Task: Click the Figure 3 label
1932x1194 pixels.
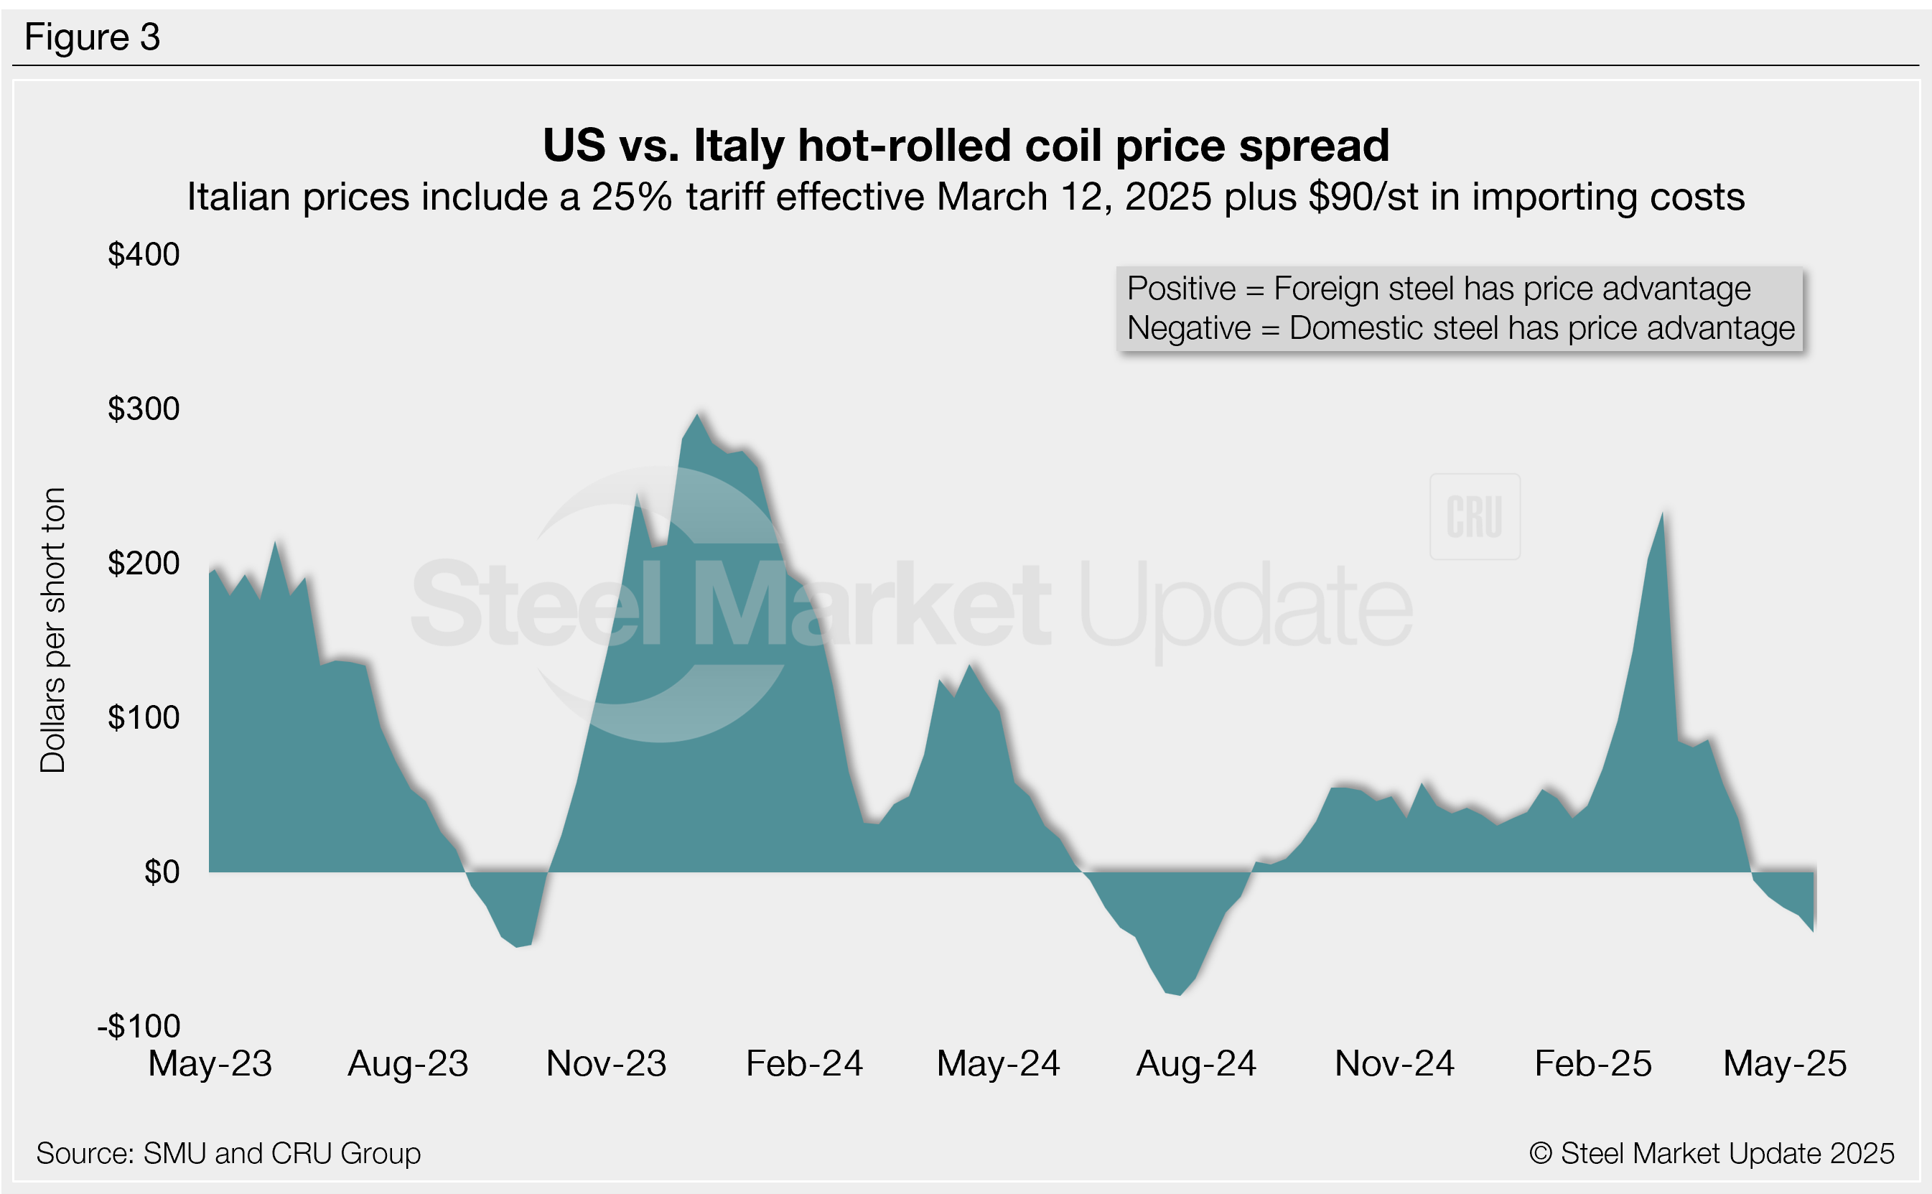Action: tap(93, 37)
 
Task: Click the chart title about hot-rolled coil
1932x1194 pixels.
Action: tap(965, 145)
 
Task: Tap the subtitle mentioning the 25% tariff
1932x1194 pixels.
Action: tap(965, 197)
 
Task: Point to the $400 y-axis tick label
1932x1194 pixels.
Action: tap(144, 254)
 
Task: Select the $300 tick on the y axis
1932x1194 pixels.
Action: tap(144, 409)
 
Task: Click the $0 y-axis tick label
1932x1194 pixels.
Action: tap(162, 872)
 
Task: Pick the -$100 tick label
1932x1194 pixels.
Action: tap(139, 1026)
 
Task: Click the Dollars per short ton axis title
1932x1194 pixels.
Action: tap(53, 630)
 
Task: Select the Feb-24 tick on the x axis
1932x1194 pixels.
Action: tap(804, 1064)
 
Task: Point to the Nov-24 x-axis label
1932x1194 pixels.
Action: tap(1394, 1064)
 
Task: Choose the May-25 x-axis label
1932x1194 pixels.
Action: tap(1784, 1064)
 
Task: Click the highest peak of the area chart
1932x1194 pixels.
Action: tap(697, 416)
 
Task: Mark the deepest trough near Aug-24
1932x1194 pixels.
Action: tap(1180, 994)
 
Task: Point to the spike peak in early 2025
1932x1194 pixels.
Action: tap(1662, 515)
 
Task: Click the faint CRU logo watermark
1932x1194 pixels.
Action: tap(1474, 517)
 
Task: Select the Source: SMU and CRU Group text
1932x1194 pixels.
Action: tap(228, 1153)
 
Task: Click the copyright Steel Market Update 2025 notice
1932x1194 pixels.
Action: tap(1711, 1153)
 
